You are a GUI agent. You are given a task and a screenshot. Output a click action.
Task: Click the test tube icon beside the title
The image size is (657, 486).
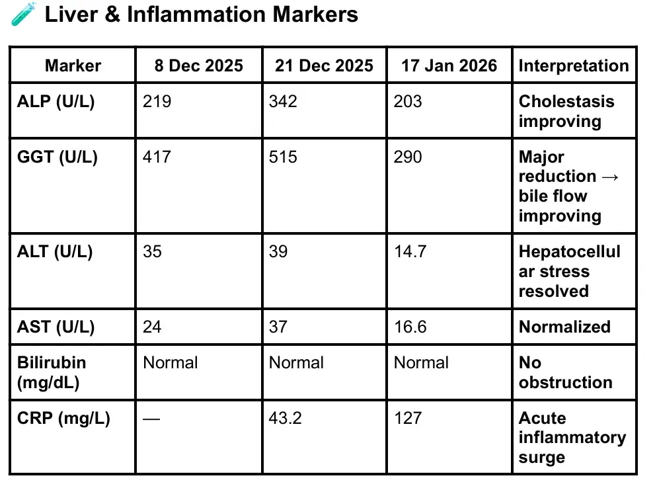pos(24,14)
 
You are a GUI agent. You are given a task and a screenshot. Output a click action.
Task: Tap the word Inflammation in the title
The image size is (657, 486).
pos(196,15)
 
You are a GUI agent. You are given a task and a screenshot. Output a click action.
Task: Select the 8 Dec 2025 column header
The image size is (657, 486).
pos(198,65)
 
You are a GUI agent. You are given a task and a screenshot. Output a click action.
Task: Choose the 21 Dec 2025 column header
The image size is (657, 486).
pos(324,65)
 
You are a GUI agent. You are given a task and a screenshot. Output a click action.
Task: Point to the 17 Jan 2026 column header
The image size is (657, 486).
pos(449,65)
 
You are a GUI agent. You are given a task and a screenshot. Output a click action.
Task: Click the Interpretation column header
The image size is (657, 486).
pos(574,66)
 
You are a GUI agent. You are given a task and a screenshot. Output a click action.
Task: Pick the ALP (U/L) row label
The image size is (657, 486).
pos(56,101)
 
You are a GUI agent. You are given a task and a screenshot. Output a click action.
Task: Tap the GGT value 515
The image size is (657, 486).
pos(283,157)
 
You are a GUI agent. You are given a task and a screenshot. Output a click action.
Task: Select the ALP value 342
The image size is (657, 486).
pos(283,101)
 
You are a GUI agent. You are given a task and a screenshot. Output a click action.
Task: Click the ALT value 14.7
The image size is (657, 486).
pos(410,252)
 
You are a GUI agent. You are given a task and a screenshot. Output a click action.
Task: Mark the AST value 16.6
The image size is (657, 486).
pos(410,327)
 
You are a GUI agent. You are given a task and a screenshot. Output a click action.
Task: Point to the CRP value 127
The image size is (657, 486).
pos(408,418)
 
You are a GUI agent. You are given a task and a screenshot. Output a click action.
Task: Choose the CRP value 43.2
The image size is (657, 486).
pos(285,418)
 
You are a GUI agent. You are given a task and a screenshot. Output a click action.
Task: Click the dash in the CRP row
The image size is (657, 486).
pos(151,419)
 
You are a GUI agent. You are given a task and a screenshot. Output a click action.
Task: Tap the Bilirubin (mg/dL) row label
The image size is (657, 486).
pos(52,372)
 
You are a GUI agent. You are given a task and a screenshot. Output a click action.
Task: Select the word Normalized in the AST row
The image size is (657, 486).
pos(564,327)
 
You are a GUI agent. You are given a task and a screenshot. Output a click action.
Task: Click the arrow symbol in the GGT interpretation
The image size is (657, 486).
pos(610,177)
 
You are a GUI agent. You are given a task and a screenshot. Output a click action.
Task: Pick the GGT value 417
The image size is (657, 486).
pos(157,157)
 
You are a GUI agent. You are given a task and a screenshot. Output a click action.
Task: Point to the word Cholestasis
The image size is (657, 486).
pos(566,101)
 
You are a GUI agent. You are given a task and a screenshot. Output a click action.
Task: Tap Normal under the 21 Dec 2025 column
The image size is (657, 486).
pos(296,363)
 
